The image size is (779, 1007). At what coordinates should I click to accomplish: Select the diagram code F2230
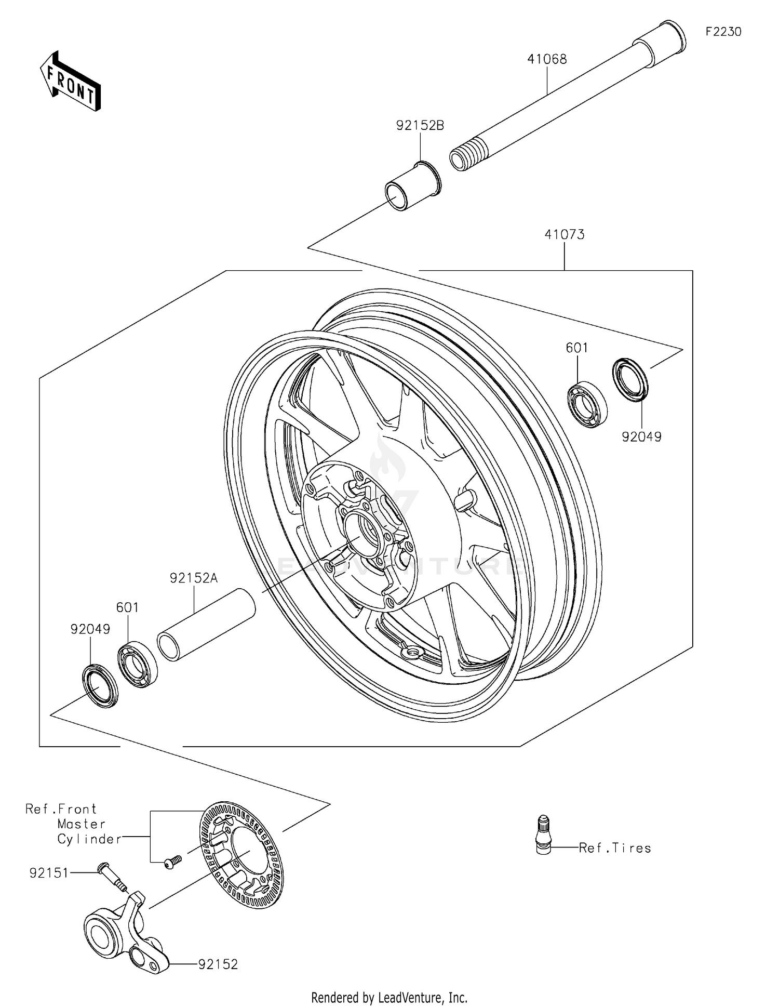723,32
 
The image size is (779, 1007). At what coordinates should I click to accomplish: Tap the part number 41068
547,59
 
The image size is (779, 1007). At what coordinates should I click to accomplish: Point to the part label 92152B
420,126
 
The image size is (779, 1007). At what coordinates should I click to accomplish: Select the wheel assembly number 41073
564,235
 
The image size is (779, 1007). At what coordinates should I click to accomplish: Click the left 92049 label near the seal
90,629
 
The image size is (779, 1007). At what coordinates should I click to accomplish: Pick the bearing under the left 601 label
138,665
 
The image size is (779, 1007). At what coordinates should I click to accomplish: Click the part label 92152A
193,578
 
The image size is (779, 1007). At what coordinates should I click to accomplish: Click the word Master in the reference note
82,824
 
